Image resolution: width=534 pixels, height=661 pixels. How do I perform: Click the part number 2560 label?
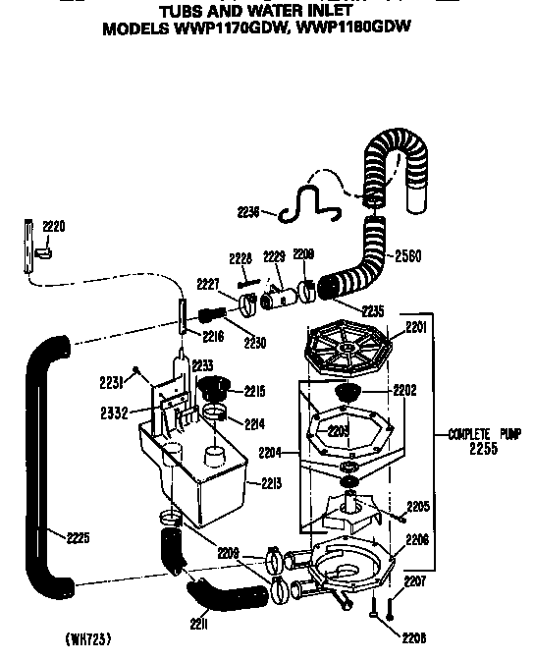click(408, 257)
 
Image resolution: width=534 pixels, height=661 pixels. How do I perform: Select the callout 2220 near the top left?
click(53, 227)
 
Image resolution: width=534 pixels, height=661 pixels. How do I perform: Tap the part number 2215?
click(254, 391)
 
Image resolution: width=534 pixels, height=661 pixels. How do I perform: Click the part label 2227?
click(209, 285)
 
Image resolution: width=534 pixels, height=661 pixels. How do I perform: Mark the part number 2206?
click(417, 540)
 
